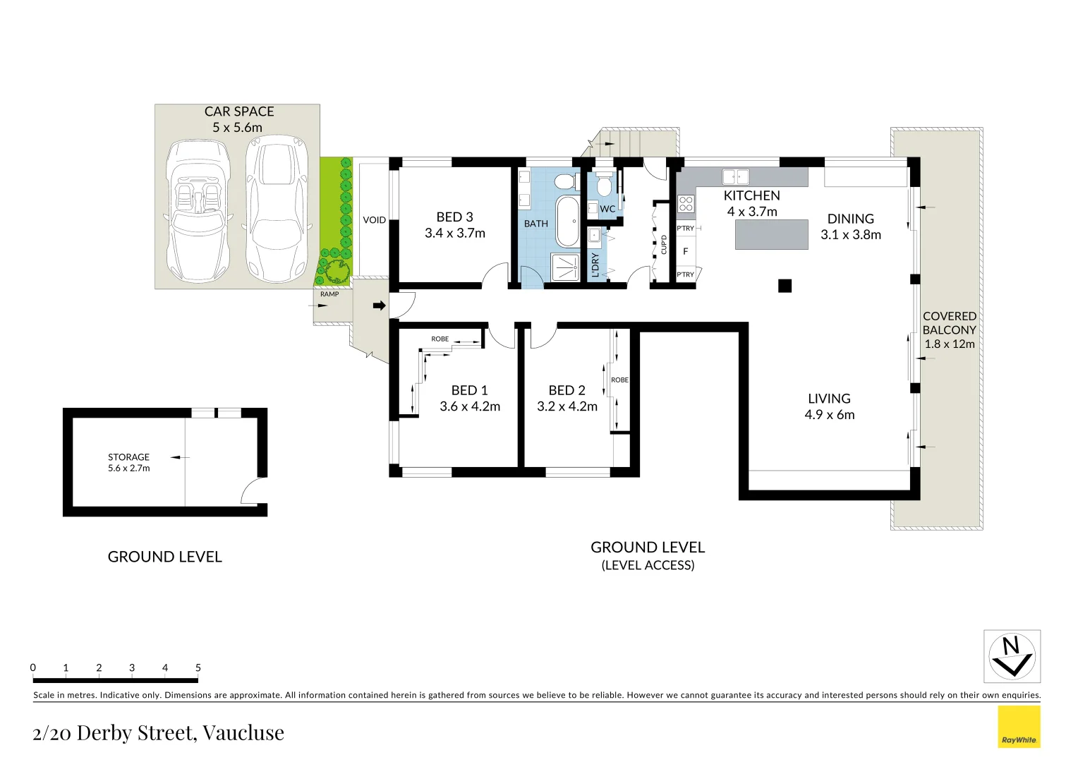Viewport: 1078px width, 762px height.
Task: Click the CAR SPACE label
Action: [238, 111]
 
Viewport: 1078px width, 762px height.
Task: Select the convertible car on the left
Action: [197, 210]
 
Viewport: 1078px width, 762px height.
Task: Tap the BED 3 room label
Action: [454, 217]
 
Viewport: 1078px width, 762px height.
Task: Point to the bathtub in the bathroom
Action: [567, 221]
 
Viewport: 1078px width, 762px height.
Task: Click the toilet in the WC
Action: [604, 185]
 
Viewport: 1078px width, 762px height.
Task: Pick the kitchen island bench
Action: [771, 234]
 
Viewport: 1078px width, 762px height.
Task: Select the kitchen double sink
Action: [735, 176]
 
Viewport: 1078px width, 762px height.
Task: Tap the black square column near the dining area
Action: [785, 286]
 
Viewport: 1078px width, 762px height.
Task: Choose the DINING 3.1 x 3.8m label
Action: [850, 226]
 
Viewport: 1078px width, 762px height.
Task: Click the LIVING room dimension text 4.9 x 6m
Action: [829, 415]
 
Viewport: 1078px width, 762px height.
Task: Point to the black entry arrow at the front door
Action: [380, 306]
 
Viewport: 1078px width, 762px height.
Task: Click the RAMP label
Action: [329, 294]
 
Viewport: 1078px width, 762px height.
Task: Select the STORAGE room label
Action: [128, 457]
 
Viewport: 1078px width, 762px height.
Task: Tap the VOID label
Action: [374, 220]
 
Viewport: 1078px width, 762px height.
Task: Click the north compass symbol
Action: [1012, 656]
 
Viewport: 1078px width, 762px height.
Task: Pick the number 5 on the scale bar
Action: [198, 667]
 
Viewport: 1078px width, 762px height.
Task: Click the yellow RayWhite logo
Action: [1019, 727]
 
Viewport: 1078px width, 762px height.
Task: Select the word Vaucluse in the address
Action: [243, 733]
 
